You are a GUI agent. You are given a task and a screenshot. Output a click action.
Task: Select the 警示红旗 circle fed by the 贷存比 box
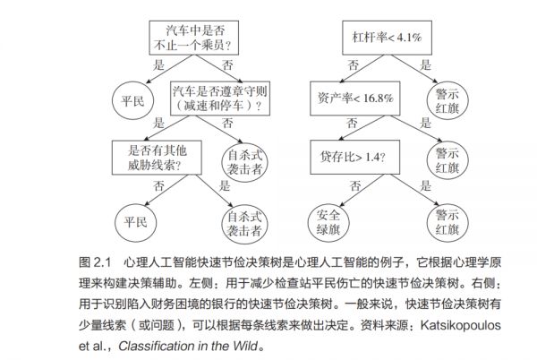coord(446,220)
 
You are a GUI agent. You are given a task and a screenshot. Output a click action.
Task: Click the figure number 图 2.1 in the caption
coord(93,264)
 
